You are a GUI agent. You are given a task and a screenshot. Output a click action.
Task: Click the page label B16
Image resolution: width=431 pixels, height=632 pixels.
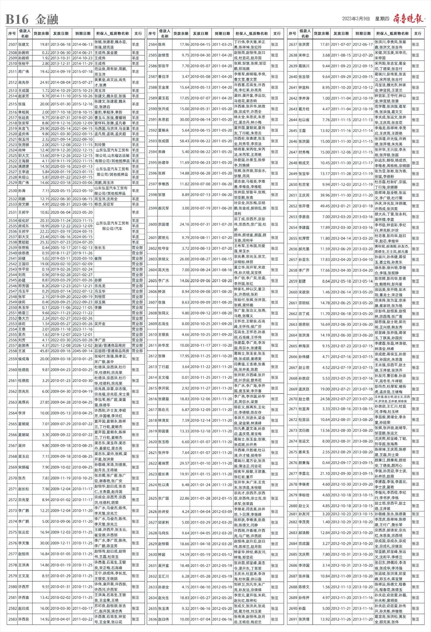pyautogui.click(x=17, y=20)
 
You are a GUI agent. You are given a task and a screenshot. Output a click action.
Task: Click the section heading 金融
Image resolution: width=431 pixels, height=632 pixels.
pyautogui.click(x=47, y=20)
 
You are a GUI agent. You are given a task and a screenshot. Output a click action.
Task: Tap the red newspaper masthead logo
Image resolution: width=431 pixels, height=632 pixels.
pyautogui.click(x=408, y=19)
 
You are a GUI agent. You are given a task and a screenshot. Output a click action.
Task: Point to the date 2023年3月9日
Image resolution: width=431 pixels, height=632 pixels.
pyautogui.click(x=356, y=19)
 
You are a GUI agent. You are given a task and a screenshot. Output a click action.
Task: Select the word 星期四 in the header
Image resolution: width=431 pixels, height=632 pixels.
pyautogui.click(x=382, y=19)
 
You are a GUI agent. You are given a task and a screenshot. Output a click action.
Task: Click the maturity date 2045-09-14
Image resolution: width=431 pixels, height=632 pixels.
pyautogui.click(x=82, y=351)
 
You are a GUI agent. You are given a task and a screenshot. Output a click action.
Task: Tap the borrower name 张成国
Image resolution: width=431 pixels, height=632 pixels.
pyautogui.click(x=163, y=141)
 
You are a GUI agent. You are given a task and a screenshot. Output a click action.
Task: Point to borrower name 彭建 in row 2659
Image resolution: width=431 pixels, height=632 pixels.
pyautogui.click(x=302, y=281)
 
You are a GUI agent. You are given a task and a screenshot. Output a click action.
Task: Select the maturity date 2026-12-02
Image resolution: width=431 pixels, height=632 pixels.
pyautogui.click(x=82, y=345)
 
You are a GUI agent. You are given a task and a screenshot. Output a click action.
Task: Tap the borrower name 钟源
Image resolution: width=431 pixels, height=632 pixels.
pyautogui.click(x=162, y=292)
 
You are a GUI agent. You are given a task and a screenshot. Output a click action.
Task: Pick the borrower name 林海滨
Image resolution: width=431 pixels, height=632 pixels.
pyautogui.click(x=304, y=346)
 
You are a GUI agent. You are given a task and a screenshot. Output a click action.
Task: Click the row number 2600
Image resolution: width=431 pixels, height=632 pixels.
pyautogui.click(x=153, y=224)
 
